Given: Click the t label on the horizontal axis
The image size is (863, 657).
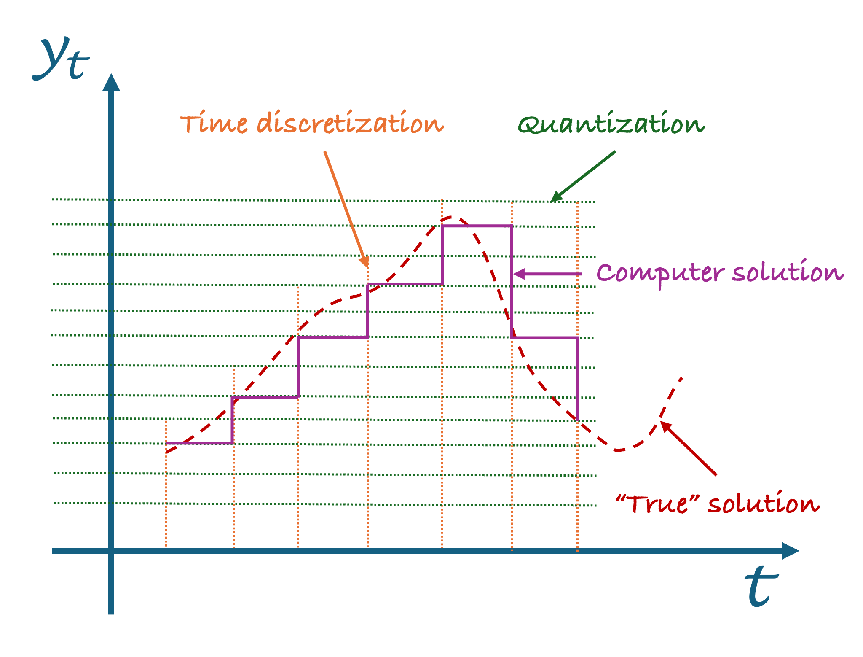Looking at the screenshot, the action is pyautogui.click(x=761, y=587).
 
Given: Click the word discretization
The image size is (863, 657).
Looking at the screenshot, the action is pyautogui.click(x=350, y=122).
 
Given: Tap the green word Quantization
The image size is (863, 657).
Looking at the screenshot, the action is pyautogui.click(x=611, y=124).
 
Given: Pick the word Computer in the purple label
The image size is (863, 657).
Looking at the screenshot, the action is pyautogui.click(x=660, y=273).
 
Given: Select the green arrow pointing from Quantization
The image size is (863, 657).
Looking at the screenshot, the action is pyautogui.click(x=583, y=176).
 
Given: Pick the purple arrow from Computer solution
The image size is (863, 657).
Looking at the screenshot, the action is pyautogui.click(x=547, y=274).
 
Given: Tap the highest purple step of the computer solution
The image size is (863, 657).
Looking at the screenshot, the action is pyautogui.click(x=477, y=226).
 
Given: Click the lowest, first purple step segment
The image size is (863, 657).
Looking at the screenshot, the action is pyautogui.click(x=199, y=443).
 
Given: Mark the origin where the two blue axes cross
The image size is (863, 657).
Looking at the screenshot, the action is pyautogui.click(x=111, y=551).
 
